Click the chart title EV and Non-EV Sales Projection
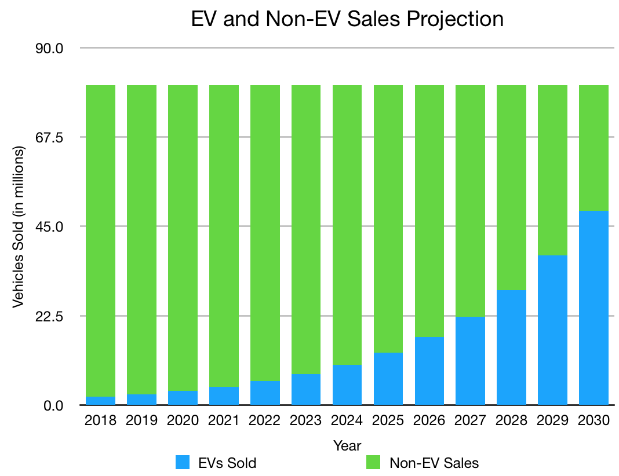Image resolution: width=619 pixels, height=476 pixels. point(347,19)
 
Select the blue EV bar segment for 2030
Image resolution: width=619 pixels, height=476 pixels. point(593,307)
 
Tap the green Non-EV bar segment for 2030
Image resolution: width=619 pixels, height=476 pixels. point(593,148)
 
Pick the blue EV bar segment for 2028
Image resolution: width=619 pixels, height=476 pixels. point(511,347)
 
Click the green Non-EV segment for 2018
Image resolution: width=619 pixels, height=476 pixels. point(100,240)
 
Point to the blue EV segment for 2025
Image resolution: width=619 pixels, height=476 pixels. point(388,379)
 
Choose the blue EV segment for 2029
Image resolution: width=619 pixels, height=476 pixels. point(552,330)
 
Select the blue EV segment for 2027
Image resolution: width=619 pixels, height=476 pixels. point(470,361)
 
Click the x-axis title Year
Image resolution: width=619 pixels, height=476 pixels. point(347,445)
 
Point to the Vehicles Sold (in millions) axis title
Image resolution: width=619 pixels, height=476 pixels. point(19,227)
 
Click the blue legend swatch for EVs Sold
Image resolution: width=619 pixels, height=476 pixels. point(183,462)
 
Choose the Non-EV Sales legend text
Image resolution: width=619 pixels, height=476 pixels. point(434,463)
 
